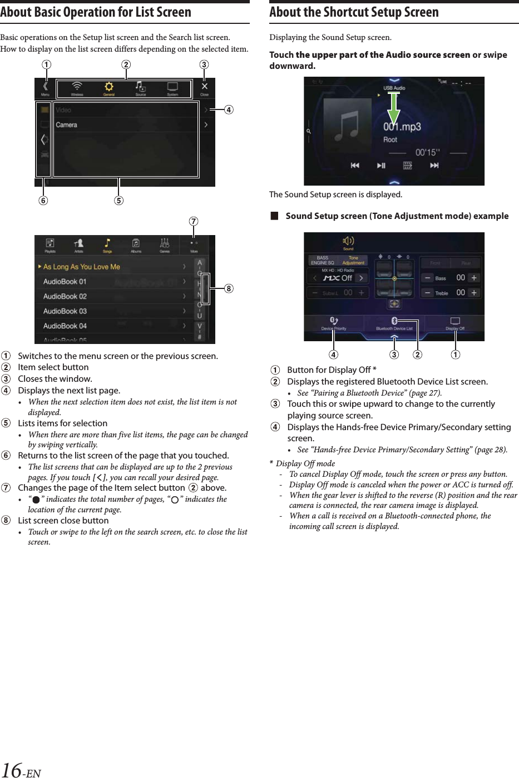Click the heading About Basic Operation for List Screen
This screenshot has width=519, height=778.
tap(96, 12)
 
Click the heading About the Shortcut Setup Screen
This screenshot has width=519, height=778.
tap(354, 12)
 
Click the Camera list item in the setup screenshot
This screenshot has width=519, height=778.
tap(67, 125)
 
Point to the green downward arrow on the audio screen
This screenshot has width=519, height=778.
tap(393, 108)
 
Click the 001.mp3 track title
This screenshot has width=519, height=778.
tap(402, 127)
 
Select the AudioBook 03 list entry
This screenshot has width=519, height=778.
tap(65, 311)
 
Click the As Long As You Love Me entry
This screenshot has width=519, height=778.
tap(82, 267)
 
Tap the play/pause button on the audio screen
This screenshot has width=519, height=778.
tap(381, 166)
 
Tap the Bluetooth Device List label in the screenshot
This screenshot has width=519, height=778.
tap(394, 328)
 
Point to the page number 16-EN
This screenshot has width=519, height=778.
tap(21, 770)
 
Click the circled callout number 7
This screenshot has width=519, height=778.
tap(193, 222)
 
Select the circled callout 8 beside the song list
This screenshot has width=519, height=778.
tap(228, 288)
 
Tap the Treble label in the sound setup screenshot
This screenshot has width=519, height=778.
tap(442, 293)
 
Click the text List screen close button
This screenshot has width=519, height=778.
tap(63, 521)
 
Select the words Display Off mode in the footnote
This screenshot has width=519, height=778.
tap(305, 463)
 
